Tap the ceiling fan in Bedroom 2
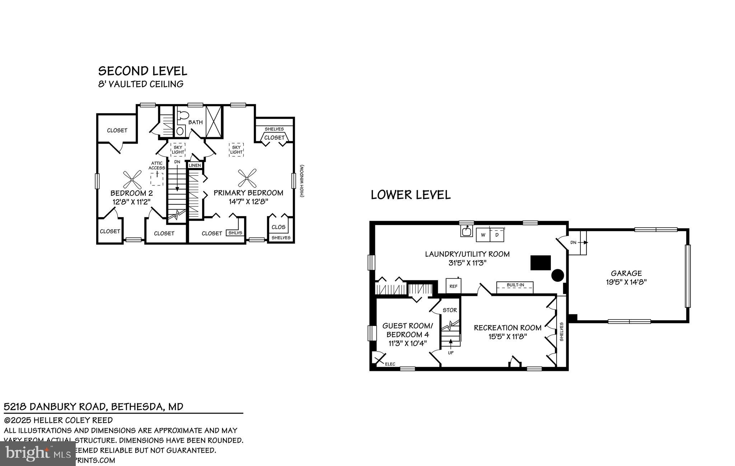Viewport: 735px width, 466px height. [132, 180]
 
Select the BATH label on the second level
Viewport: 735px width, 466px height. [196, 122]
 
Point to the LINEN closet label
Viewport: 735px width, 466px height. [195, 165]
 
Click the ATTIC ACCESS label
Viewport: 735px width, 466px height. [157, 166]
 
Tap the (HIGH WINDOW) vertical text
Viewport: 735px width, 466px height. [302, 181]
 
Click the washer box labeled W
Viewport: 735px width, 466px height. [483, 235]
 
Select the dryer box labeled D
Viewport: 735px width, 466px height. [497, 235]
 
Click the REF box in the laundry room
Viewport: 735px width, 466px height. [453, 286]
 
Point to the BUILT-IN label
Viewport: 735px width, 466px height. [515, 285]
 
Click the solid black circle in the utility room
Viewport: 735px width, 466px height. [557, 275]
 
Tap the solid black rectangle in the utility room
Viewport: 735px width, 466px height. [540, 262]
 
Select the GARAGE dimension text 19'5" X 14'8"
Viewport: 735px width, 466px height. [626, 282]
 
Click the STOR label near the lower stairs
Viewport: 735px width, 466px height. [450, 310]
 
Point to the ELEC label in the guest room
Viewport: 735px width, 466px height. [390, 364]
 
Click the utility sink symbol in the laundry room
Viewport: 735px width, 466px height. [467, 231]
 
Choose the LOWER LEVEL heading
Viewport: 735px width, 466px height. [411, 195]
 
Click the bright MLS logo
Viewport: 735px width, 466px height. [38, 453]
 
